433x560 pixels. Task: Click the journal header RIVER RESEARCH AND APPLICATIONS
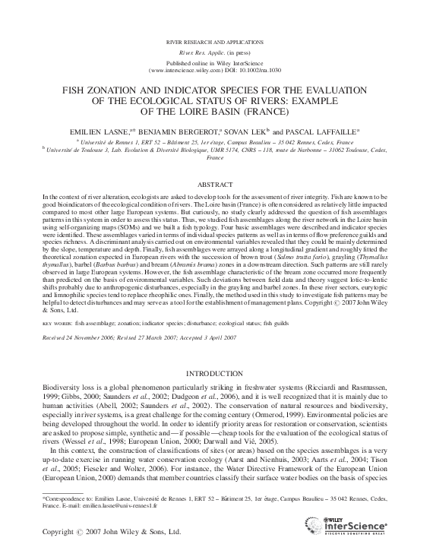coord(216,39)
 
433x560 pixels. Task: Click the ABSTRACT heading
coord(216,185)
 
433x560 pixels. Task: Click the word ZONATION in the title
coord(113,89)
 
